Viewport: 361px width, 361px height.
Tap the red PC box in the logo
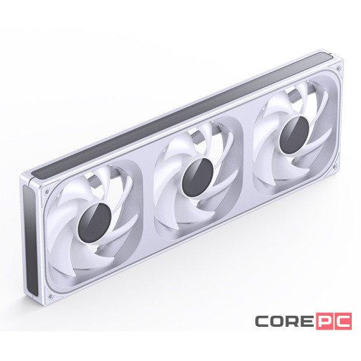pos(333,322)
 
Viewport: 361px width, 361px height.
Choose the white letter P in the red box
pos(327,322)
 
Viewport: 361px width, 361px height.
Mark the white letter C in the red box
pos(341,322)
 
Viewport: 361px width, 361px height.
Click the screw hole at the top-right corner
pos(338,68)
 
